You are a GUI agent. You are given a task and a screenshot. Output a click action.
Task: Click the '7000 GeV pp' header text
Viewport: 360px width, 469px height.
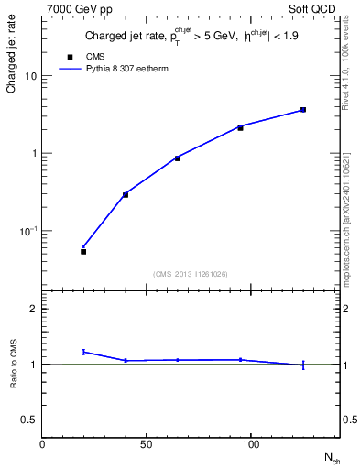click(x=73, y=7)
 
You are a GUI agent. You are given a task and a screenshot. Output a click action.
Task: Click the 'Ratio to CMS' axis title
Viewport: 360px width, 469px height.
click(x=13, y=365)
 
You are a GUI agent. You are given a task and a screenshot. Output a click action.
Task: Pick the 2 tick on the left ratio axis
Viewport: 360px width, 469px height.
click(x=34, y=309)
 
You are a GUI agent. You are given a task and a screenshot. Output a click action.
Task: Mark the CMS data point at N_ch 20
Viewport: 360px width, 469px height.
click(x=83, y=251)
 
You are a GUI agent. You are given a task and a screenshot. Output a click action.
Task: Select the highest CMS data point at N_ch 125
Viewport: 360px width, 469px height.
click(x=303, y=110)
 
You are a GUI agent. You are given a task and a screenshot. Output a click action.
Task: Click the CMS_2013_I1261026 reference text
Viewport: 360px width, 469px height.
click(x=191, y=274)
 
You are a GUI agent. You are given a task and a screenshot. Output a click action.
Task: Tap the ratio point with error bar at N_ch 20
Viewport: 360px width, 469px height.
click(x=83, y=352)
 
